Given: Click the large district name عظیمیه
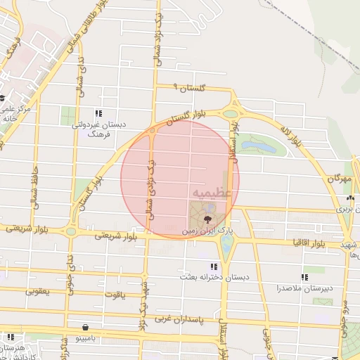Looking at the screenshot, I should tap(209, 192).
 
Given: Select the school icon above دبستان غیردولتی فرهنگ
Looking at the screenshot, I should tap(99, 112).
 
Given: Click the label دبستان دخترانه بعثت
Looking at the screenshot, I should tap(214, 277).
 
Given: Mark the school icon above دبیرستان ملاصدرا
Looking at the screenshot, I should tap(304, 278).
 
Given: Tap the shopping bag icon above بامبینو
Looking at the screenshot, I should tap(85, 327).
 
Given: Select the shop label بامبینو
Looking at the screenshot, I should tap(85, 337).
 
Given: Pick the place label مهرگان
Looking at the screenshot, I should tap(338, 179).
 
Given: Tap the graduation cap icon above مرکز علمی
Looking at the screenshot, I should tap(3, 97).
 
